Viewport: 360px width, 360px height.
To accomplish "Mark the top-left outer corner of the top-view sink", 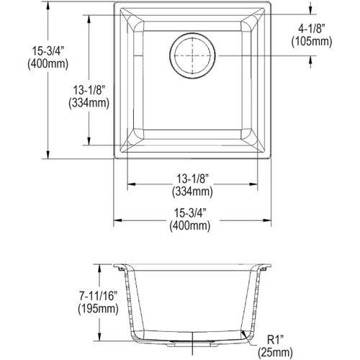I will click(116, 3).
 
